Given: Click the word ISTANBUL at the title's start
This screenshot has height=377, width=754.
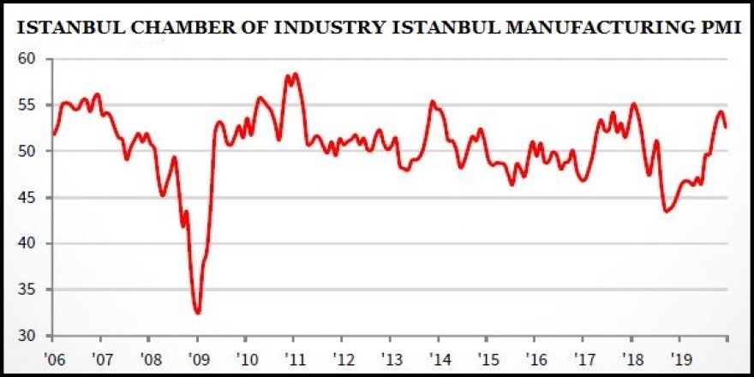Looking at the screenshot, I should (x=58, y=27).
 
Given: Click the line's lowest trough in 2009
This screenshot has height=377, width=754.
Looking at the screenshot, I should (x=198, y=313).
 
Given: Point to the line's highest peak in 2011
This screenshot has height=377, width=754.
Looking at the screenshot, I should (x=295, y=74).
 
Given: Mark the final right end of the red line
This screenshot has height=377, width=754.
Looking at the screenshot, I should (x=727, y=127).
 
